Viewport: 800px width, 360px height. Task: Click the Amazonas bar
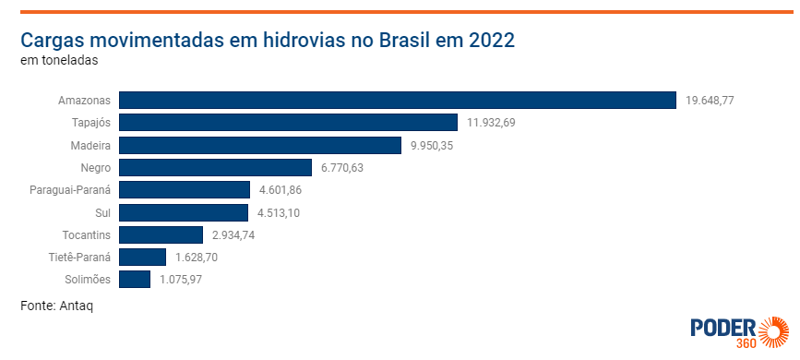click(x=398, y=100)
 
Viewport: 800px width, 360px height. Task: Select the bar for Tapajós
click(x=288, y=123)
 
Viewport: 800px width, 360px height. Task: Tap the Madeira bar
click(x=260, y=145)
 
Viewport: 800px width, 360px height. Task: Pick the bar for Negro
click(x=215, y=167)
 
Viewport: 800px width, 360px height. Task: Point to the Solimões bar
click(x=135, y=280)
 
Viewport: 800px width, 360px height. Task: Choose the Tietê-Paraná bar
click(x=142, y=257)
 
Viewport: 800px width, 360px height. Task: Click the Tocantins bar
click(x=161, y=234)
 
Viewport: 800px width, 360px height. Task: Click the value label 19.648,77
click(x=710, y=100)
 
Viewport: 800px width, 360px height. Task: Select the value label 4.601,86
click(x=281, y=190)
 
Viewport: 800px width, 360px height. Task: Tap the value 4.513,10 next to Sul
click(x=279, y=212)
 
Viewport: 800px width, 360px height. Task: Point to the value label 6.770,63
click(x=342, y=167)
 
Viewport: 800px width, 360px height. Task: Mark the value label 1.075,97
click(x=181, y=280)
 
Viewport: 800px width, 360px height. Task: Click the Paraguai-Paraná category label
click(x=70, y=190)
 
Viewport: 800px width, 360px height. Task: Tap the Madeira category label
click(x=90, y=145)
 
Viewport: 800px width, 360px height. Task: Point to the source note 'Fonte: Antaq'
click(x=56, y=306)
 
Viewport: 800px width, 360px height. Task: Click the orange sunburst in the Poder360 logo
click(x=774, y=330)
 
